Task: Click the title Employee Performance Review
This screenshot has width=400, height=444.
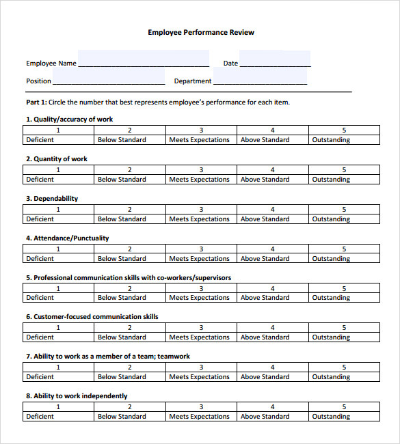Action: [x=201, y=32]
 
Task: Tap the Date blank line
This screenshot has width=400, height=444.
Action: [x=275, y=62]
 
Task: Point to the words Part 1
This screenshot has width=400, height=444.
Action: [x=36, y=102]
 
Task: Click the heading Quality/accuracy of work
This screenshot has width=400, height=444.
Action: [x=69, y=119]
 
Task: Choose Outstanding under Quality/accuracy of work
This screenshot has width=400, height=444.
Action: [x=331, y=140]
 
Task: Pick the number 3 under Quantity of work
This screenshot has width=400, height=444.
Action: [x=201, y=170]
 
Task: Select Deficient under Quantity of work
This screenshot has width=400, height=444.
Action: [x=40, y=180]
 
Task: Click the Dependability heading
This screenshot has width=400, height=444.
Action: [x=52, y=199]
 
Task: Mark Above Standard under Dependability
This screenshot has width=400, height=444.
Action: [x=265, y=219]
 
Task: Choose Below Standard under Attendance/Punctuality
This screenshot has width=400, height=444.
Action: [x=122, y=259]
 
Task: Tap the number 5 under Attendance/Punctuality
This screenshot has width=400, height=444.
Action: [x=344, y=249]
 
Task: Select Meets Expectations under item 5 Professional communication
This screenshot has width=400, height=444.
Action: [x=200, y=298]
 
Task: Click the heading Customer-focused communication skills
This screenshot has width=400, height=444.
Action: [x=92, y=317]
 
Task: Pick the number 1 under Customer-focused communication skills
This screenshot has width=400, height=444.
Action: [x=58, y=328]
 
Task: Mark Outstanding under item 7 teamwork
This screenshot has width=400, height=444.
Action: [x=331, y=377]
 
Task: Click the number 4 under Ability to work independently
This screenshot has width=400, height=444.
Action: [x=272, y=406]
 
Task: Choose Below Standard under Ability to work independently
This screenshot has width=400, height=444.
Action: [x=122, y=417]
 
